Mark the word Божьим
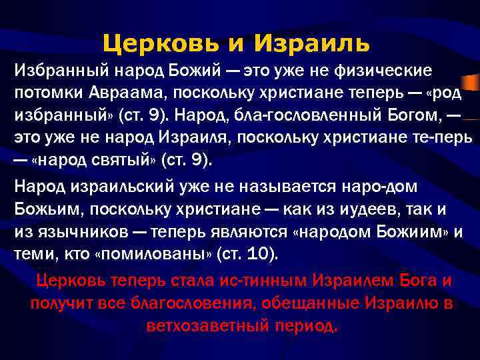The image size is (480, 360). tap(42, 211)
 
